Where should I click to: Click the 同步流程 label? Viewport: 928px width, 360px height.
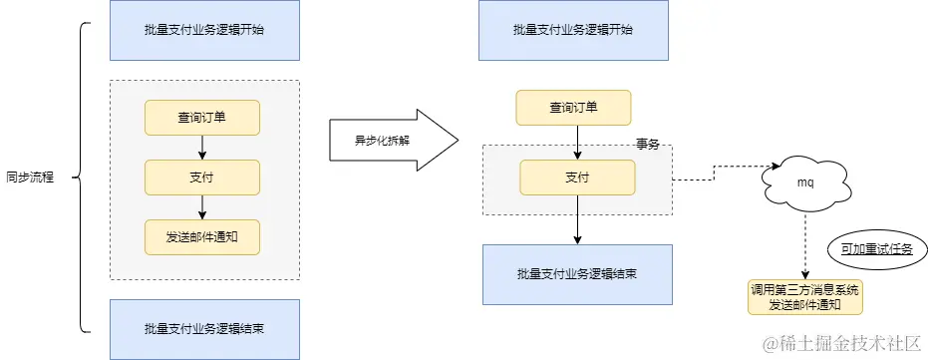point(29,178)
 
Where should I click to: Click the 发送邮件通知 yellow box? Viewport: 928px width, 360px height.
point(202,236)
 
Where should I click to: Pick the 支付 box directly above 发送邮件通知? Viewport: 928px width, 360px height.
point(202,178)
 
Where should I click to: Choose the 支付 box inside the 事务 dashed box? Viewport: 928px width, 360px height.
point(576,178)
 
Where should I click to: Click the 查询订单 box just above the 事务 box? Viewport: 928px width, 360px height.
point(573,108)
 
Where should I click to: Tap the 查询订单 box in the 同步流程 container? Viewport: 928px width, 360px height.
point(202,118)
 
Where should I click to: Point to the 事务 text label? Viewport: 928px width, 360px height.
point(648,144)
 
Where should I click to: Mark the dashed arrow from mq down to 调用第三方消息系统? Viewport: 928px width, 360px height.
point(805,244)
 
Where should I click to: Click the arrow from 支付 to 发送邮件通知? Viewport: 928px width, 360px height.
point(202,206)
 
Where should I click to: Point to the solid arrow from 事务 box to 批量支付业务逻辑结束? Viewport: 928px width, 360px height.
point(577,228)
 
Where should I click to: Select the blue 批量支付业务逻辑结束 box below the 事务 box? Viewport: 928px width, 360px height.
point(577,273)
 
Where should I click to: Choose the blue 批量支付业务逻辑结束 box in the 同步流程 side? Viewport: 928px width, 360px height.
point(203,328)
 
